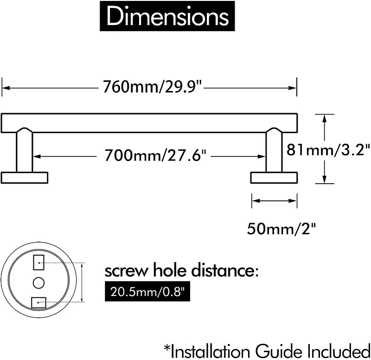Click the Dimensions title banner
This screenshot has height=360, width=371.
(167, 17)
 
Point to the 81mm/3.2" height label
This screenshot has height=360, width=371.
(329, 149)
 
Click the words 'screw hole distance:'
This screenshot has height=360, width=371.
(181, 270)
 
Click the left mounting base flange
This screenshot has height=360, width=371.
(25, 178)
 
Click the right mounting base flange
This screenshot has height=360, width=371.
(274, 178)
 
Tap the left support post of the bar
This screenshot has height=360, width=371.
(25, 151)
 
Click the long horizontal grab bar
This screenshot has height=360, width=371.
(149, 122)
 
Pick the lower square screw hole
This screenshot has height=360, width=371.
(38, 302)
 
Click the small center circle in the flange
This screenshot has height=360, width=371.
(38, 282)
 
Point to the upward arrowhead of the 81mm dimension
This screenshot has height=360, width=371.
(325, 118)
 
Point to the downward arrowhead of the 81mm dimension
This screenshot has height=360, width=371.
(325, 180)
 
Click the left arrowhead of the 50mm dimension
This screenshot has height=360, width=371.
(255, 201)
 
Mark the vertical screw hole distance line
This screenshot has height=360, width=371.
(82, 282)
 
